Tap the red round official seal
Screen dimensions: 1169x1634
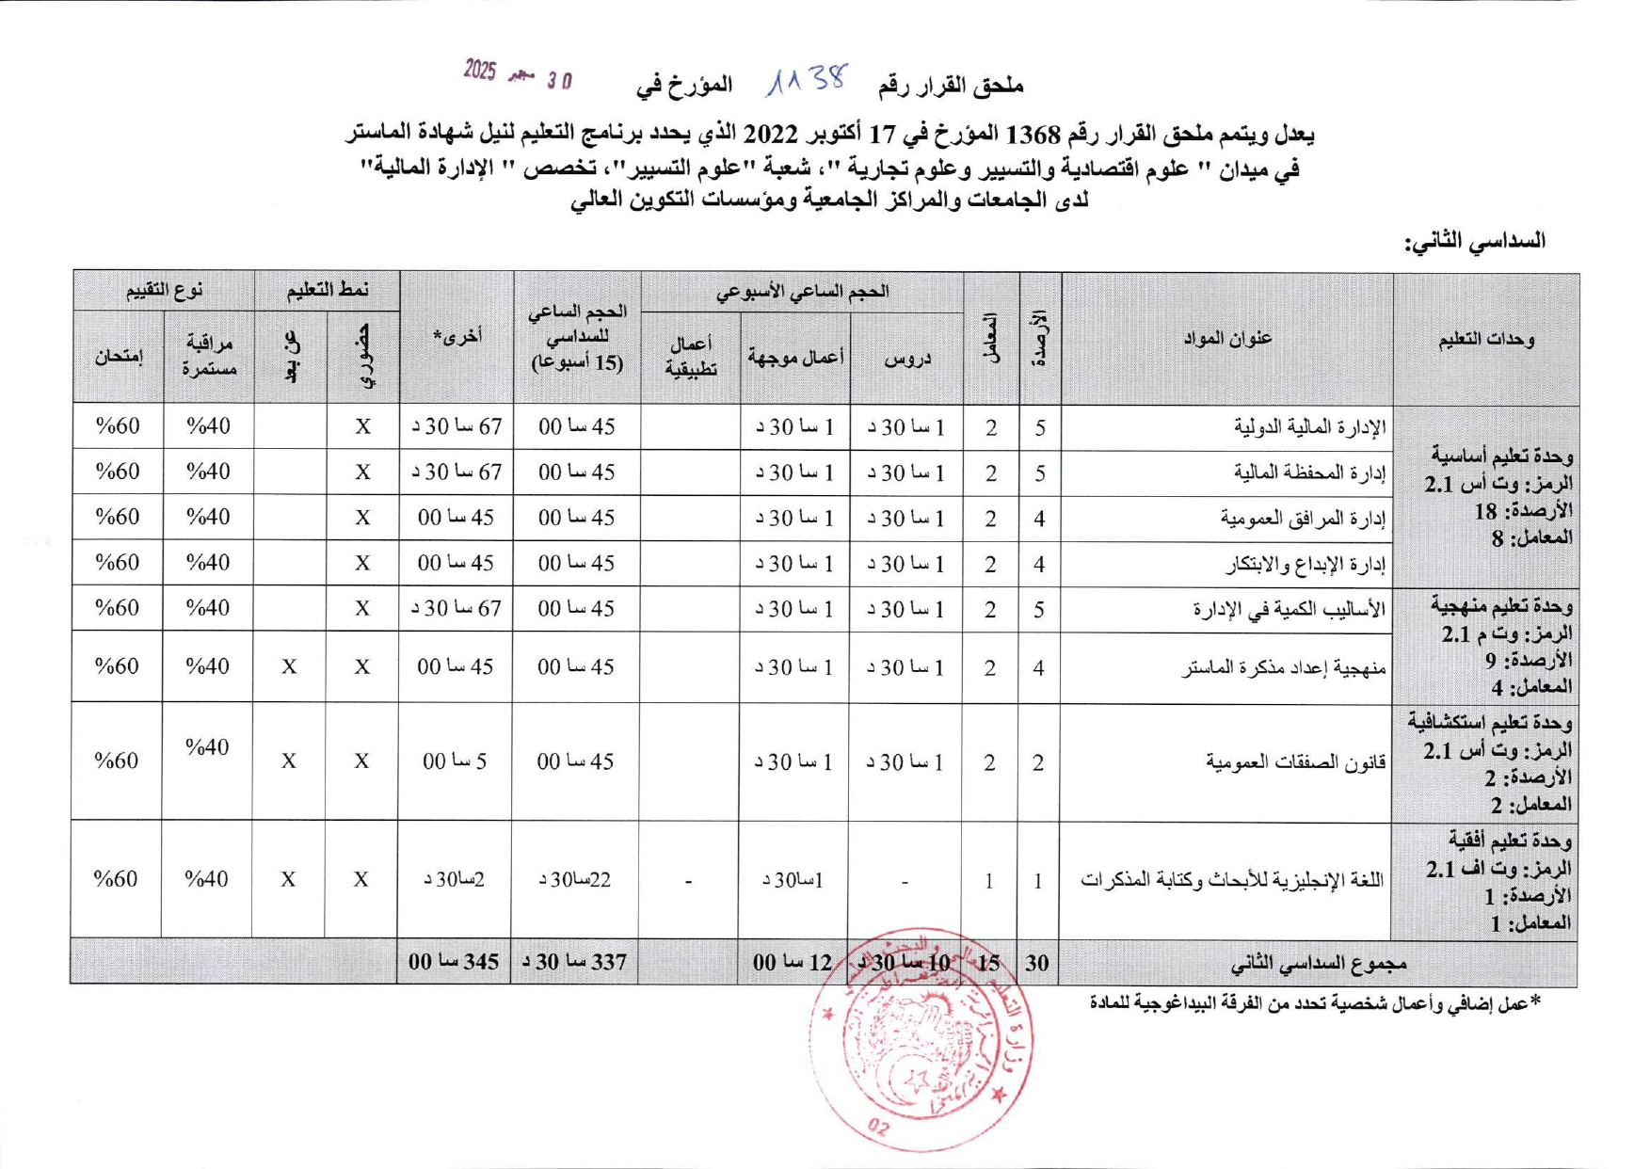coord(921,1040)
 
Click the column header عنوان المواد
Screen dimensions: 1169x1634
coord(1227,338)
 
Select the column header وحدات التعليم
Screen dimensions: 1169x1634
coord(1486,339)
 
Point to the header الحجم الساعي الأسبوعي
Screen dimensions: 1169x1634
coord(802,292)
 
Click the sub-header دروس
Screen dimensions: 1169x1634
coord(907,358)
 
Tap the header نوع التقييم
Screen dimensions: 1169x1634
coord(165,291)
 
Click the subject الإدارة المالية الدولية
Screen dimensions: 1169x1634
coord(1310,427)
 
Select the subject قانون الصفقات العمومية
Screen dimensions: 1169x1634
coord(1296,761)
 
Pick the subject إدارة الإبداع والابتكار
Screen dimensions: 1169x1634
coord(1306,564)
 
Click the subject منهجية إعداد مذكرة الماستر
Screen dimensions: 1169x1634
coord(1284,667)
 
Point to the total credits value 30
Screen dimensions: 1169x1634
coord(1037,963)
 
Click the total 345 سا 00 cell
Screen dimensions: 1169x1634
coord(454,962)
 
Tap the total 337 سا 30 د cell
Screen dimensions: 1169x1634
coord(574,962)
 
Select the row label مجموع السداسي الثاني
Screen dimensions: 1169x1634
coord(1318,963)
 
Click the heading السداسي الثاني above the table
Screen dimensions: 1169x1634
coord(1475,242)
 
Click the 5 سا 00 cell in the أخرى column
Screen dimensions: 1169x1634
coord(455,761)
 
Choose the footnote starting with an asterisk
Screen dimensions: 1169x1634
coord(1315,1003)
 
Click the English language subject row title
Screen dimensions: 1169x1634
coord(1231,880)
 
